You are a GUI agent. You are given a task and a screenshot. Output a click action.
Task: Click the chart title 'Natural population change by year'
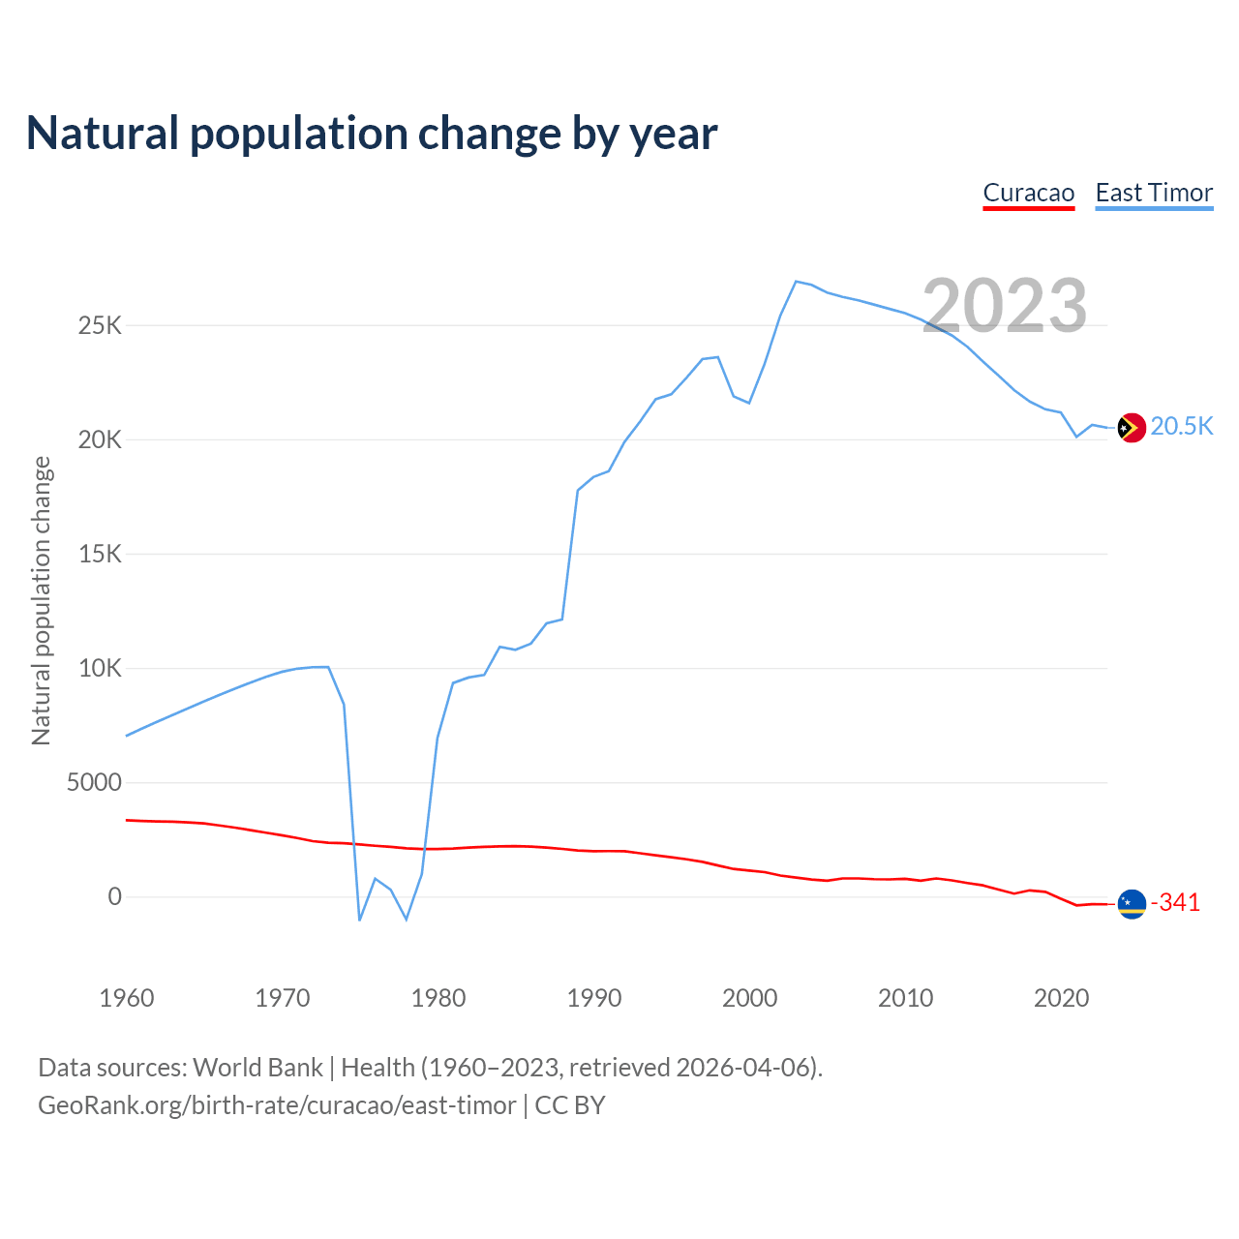(x=372, y=134)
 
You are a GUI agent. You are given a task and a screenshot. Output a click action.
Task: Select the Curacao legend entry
(x=1028, y=193)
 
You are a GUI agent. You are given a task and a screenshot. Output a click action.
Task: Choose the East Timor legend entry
(x=1154, y=193)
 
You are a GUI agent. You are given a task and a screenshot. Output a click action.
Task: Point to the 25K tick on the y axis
(x=100, y=325)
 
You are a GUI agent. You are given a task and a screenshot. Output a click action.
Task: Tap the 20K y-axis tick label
(x=100, y=439)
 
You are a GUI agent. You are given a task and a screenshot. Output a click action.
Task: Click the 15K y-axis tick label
(x=100, y=554)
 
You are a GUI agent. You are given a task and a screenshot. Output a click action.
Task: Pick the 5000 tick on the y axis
(x=94, y=782)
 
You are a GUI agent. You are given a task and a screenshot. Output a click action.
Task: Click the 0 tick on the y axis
(x=115, y=896)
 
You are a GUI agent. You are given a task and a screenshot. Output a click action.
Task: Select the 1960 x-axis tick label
(x=127, y=998)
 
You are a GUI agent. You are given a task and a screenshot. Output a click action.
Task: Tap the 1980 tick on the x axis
(x=438, y=998)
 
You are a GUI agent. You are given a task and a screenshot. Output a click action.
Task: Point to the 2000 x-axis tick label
(x=750, y=998)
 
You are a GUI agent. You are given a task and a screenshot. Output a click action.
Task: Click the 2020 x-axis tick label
(x=1062, y=998)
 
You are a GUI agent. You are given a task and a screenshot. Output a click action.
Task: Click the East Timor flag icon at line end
(x=1132, y=427)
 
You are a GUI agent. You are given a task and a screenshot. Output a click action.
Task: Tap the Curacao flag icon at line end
(x=1132, y=904)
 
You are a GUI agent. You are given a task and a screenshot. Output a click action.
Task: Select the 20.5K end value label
(x=1181, y=427)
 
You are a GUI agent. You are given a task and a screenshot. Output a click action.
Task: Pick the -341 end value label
(x=1175, y=903)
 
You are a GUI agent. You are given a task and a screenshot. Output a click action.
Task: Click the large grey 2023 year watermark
(x=1004, y=306)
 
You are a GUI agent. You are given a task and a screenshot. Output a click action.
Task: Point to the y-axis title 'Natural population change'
(x=42, y=600)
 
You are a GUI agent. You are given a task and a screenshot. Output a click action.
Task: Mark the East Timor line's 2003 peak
(x=796, y=282)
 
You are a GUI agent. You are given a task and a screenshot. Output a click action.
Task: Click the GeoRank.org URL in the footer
(x=277, y=1105)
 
